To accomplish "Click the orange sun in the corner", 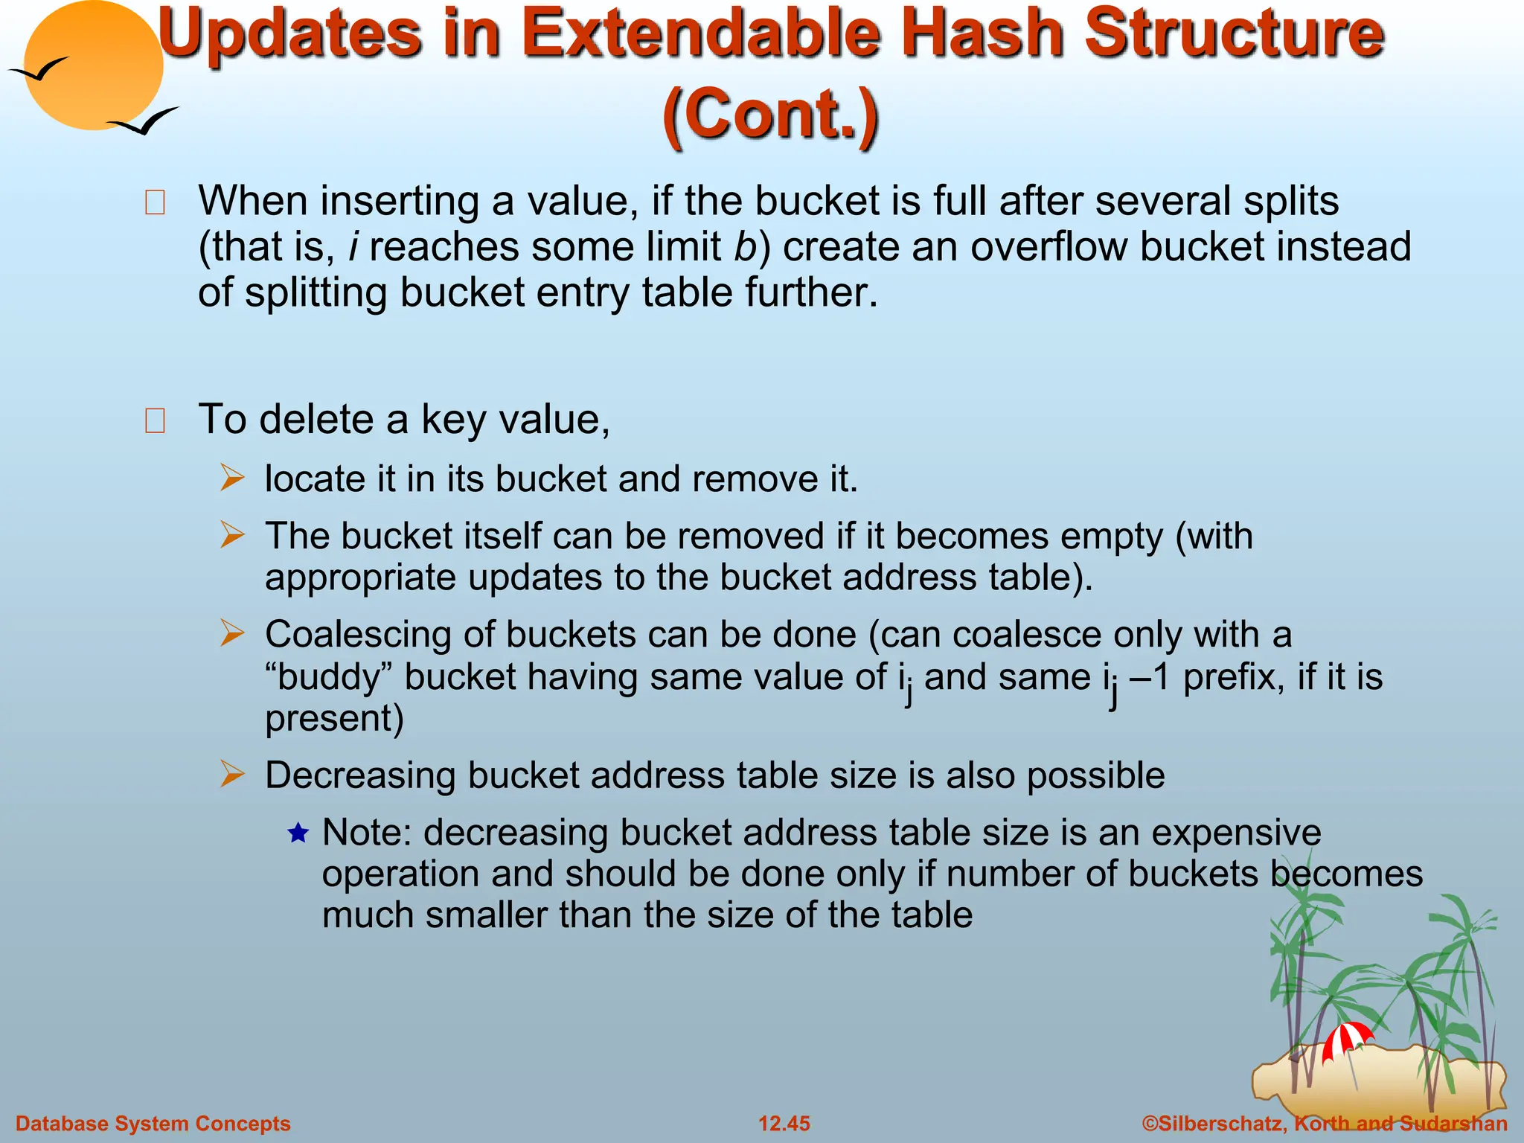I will [x=93, y=65].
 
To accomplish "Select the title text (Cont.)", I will [x=770, y=114].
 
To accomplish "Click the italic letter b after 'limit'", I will [x=745, y=247].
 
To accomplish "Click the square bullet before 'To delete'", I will [x=155, y=420].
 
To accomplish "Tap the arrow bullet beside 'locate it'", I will [x=232, y=478].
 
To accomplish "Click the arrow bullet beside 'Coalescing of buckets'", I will [x=232, y=634].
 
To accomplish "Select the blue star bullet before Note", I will [x=298, y=833].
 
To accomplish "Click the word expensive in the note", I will [x=1236, y=833].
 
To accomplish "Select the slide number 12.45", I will [x=784, y=1124].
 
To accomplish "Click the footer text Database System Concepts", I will [x=153, y=1124].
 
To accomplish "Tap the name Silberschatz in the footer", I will [x=1220, y=1124].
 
